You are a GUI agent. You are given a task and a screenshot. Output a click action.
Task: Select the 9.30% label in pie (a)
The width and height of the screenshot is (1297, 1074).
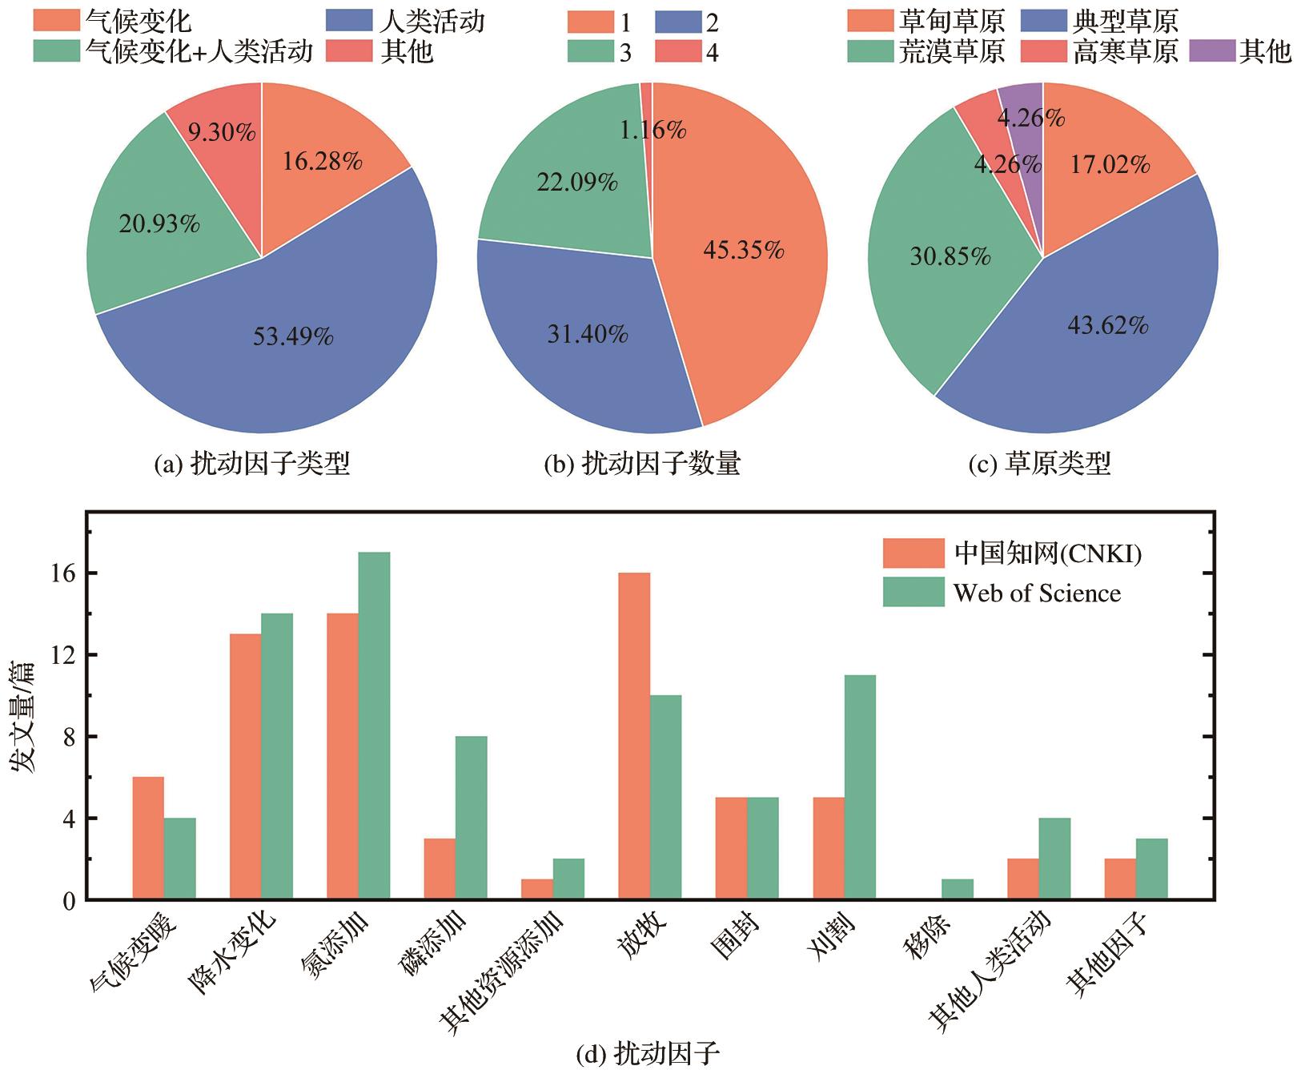pos(222,132)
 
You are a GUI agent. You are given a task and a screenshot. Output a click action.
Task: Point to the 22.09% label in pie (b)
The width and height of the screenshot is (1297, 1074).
pos(576,183)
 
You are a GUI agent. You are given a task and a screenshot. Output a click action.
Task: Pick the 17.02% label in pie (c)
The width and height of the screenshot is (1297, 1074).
pos(1110,165)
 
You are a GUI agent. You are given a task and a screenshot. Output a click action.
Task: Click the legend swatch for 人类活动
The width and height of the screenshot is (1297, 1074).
pos(350,21)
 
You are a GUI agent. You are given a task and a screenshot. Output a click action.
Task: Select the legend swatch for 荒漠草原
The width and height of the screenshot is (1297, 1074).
pos(870,51)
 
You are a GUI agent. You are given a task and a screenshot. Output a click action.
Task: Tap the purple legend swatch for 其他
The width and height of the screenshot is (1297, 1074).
pos(1212,51)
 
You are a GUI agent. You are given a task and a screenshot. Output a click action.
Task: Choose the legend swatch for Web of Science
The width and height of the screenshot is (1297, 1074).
pos(914,593)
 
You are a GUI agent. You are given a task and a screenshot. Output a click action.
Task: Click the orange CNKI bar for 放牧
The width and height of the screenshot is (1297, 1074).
pos(634,736)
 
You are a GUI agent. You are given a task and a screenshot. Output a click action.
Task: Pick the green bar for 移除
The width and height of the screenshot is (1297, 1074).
pos(958,889)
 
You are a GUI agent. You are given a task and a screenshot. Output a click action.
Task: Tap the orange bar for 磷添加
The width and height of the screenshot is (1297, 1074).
pos(440,869)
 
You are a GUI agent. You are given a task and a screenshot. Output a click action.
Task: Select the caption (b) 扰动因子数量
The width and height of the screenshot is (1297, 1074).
pos(642,464)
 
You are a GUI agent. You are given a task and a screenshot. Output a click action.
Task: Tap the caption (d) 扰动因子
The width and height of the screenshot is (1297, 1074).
pos(648,1054)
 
